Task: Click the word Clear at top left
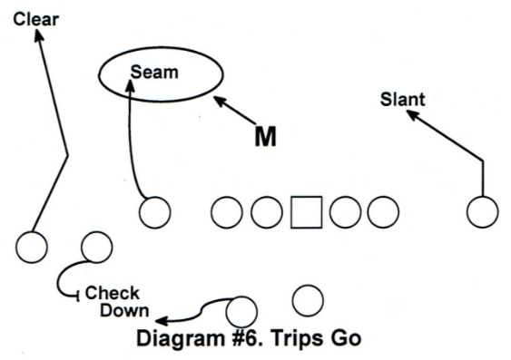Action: point(35,16)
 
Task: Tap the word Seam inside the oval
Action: point(154,72)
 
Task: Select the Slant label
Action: point(402,99)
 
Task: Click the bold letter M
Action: point(265,137)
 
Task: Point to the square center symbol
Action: point(307,212)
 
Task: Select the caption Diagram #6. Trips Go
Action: point(249,339)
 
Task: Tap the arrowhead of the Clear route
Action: point(39,35)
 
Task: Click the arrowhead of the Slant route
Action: point(411,114)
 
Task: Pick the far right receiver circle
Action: point(482,212)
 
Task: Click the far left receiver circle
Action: point(32,247)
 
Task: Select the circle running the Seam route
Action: point(154,212)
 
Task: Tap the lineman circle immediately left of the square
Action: point(266,212)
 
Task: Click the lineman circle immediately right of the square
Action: point(346,212)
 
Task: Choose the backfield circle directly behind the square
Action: point(309,300)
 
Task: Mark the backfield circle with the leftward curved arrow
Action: point(241,311)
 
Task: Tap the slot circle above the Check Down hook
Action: point(96,247)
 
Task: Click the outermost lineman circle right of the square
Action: point(383,212)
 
